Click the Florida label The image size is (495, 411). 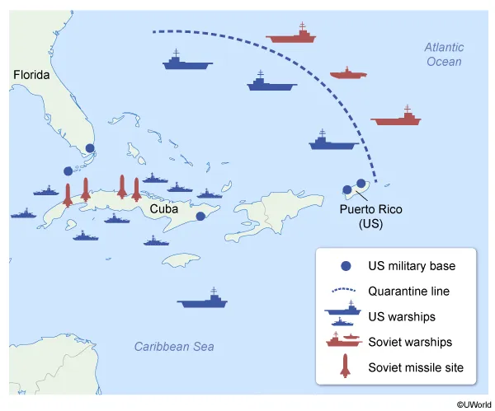pos(32,75)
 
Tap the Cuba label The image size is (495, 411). pos(164,209)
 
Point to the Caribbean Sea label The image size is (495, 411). pos(174,347)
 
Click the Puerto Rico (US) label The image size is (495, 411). pos(368,216)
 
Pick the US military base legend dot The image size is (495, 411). pos(346,266)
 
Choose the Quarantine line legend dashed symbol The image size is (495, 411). pos(346,290)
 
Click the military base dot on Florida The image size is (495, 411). pos(90,149)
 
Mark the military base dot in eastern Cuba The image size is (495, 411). pos(200,217)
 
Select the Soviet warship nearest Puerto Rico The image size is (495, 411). pos(396,117)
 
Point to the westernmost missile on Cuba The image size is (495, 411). pos(68,194)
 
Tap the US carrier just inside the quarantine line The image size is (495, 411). pos(332,141)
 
